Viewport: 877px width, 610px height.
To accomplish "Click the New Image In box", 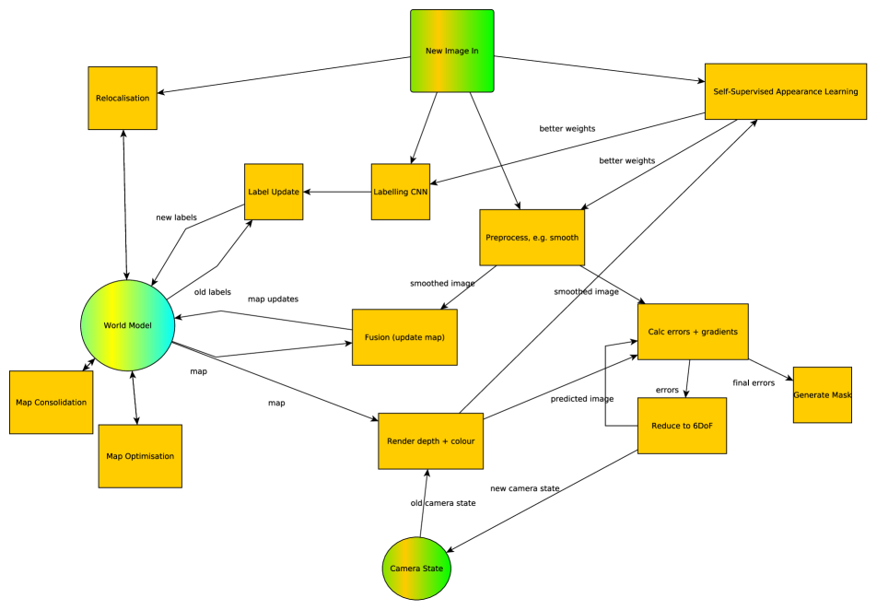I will (451, 51).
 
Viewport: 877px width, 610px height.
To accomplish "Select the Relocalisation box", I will (123, 98).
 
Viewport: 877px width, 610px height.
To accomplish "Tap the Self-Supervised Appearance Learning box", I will (786, 91).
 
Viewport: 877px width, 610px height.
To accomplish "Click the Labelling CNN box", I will (401, 192).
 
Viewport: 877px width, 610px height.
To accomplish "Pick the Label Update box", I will (274, 192).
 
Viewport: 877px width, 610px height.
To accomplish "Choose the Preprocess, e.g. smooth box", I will (532, 238).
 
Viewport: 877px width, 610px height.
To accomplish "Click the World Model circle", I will (128, 325).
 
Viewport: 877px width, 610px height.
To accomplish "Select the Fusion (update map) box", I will (404, 337).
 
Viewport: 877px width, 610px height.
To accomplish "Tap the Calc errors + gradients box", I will (693, 332).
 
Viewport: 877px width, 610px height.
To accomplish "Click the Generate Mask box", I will (822, 394).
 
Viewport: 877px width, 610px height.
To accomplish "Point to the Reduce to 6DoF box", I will (682, 426).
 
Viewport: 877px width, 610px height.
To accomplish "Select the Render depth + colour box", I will (427, 440).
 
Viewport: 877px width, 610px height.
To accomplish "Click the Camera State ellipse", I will (416, 569).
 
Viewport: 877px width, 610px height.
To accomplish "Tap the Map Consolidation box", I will (52, 403).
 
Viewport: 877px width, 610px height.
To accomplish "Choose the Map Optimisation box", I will (140, 456).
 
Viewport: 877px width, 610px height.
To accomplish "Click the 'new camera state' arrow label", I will (525, 488).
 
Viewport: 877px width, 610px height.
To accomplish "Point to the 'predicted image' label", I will (582, 399).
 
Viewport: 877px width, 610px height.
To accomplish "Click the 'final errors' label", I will (754, 382).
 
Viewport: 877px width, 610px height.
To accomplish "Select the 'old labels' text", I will (212, 292).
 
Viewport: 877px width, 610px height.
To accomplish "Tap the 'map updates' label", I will (273, 299).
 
